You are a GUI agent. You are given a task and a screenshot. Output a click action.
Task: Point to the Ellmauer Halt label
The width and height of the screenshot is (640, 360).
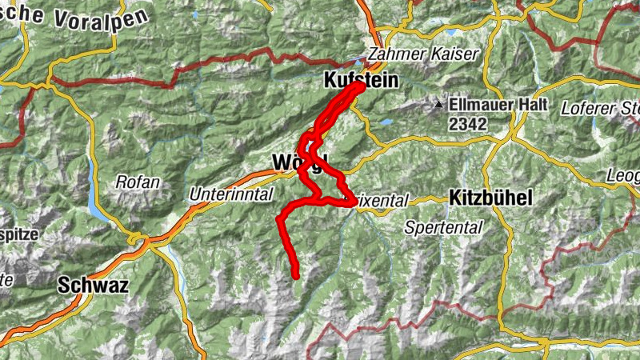point(498,105)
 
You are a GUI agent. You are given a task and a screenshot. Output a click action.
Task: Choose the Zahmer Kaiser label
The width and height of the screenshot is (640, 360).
point(422,55)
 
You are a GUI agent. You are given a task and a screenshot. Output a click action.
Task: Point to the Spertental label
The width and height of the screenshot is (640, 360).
point(443,227)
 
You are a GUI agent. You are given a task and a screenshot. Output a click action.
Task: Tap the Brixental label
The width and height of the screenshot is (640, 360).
point(382,200)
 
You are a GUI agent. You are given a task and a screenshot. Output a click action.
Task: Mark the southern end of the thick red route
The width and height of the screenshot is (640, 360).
point(295,276)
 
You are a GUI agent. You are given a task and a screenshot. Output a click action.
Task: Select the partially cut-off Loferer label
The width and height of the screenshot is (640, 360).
point(600,107)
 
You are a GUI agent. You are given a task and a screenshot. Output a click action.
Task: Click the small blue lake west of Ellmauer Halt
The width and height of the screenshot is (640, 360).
point(388,122)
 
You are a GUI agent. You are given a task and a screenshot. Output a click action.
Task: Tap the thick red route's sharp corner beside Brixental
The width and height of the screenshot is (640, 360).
point(353,202)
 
